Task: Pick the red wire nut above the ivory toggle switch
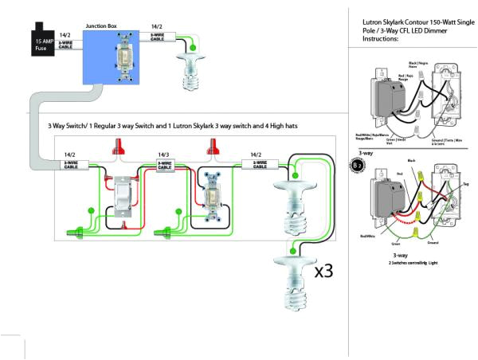click(x=213, y=147)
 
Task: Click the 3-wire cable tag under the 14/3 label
click(x=164, y=166)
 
